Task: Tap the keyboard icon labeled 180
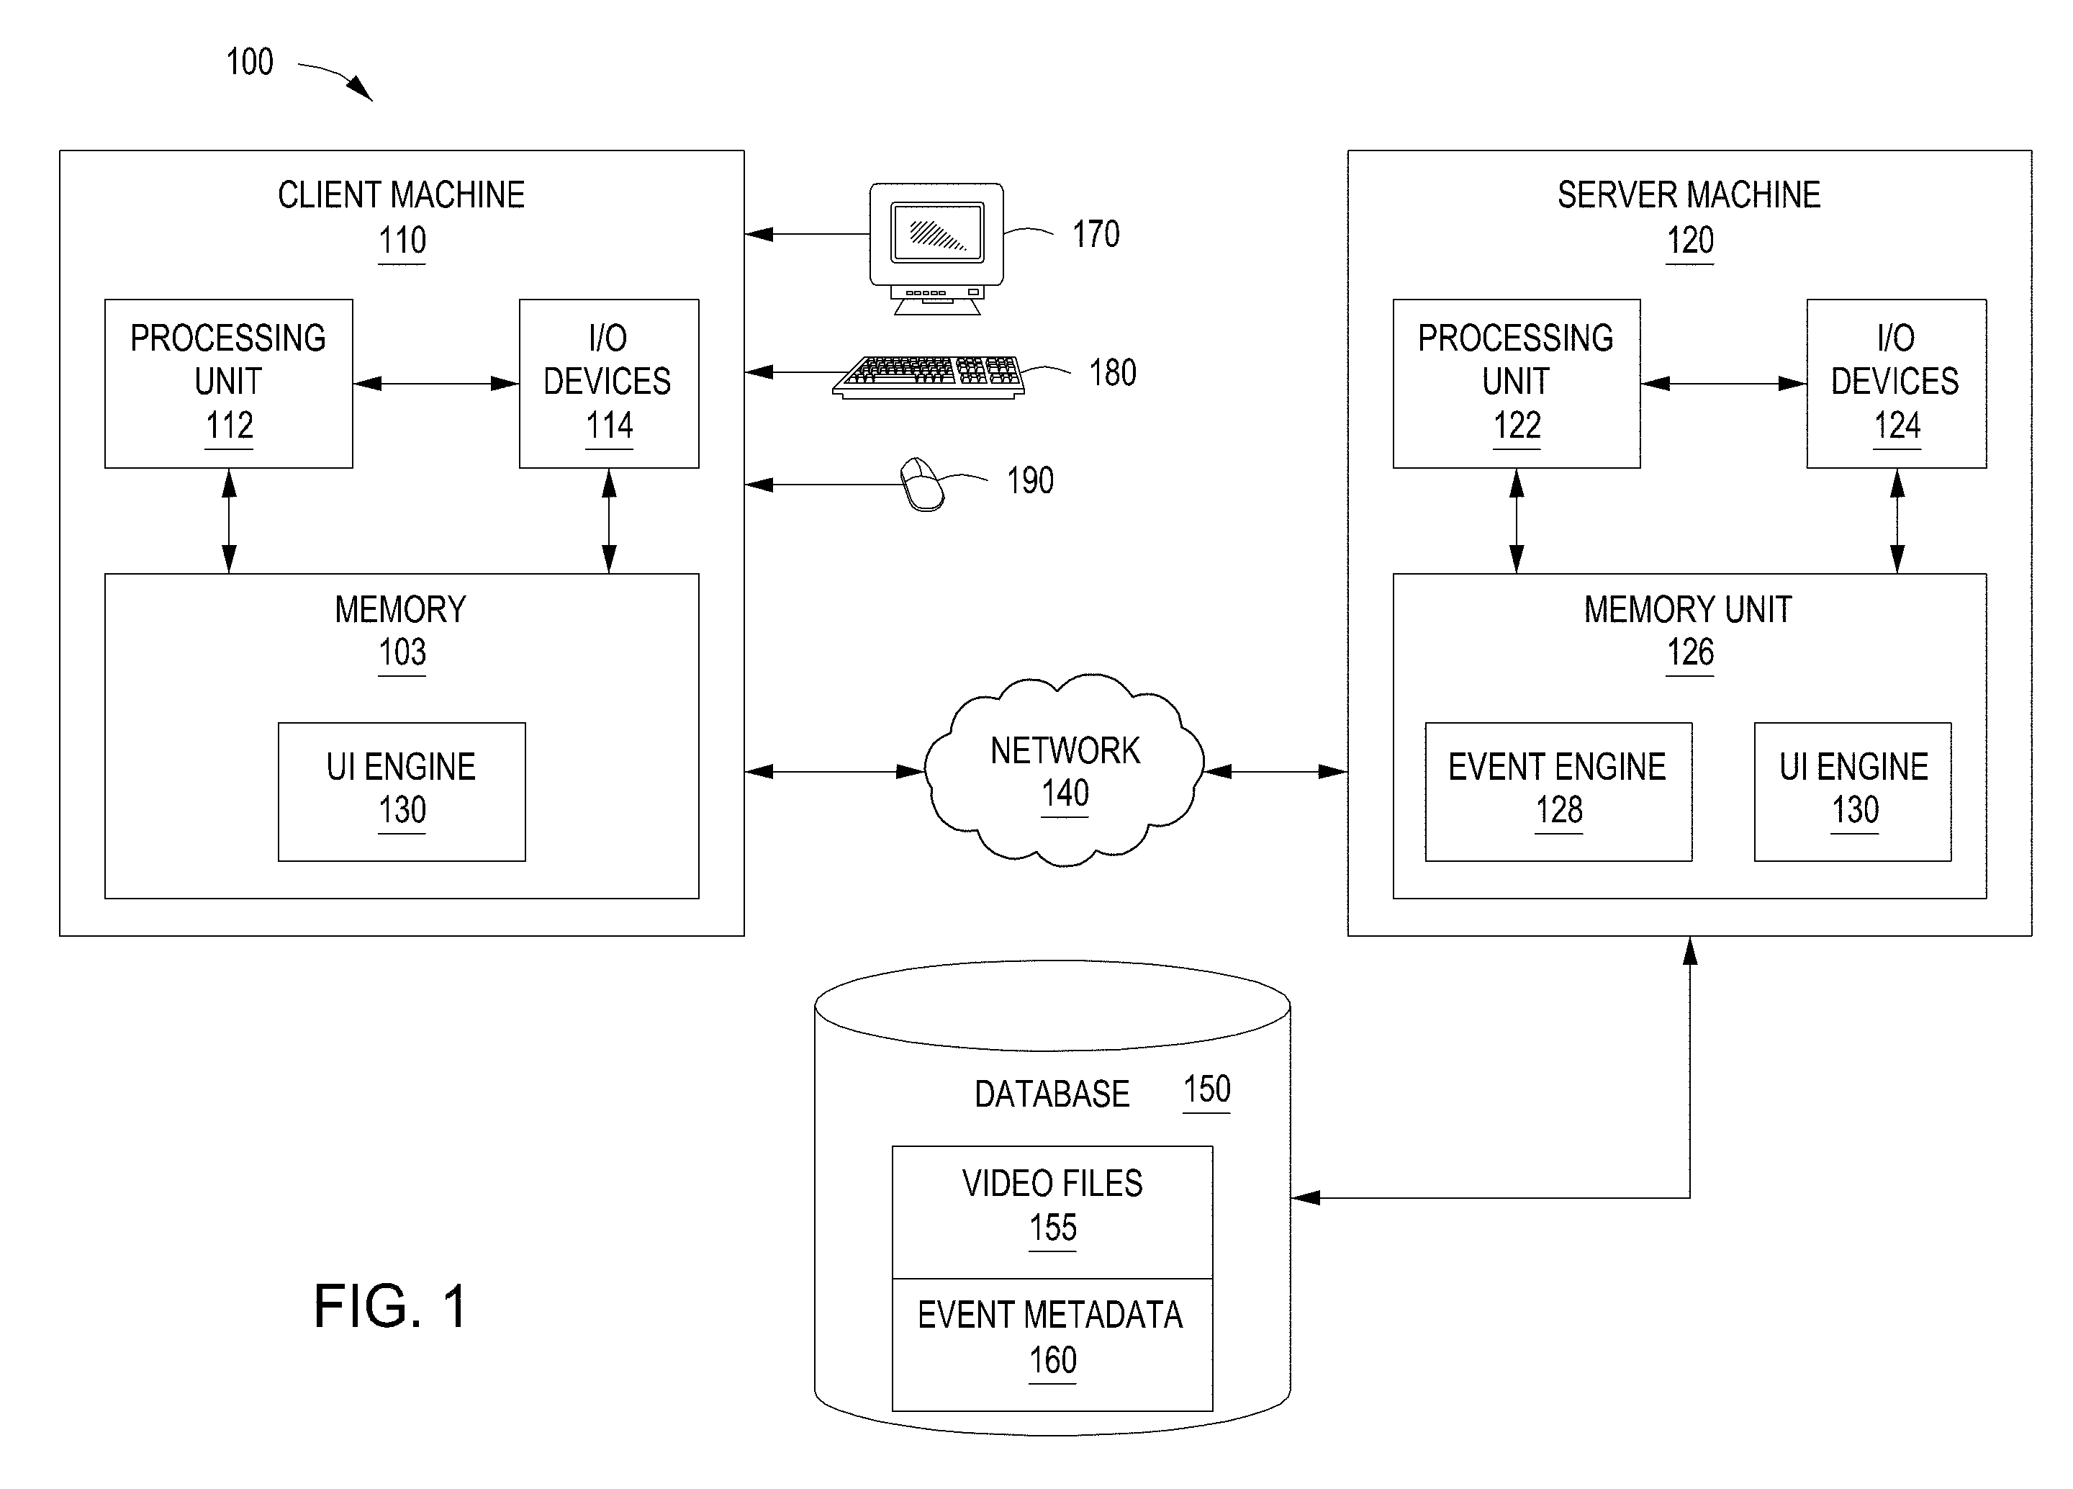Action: click(929, 377)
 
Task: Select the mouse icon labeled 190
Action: click(921, 484)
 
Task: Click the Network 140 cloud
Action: click(1064, 770)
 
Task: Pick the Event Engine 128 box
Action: click(1558, 791)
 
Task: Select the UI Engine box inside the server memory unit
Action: click(1853, 791)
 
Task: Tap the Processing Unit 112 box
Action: click(228, 384)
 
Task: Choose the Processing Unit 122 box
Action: click(1517, 384)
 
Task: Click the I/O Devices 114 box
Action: click(609, 384)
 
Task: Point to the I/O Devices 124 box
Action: click(1897, 384)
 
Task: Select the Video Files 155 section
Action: click(1052, 1212)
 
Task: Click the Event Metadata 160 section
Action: click(1052, 1344)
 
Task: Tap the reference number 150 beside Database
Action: click(1206, 1089)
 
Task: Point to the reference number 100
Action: click(250, 62)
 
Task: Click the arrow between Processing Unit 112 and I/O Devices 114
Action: click(436, 384)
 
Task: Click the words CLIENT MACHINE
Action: click(401, 194)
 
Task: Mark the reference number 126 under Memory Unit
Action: click(1690, 652)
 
